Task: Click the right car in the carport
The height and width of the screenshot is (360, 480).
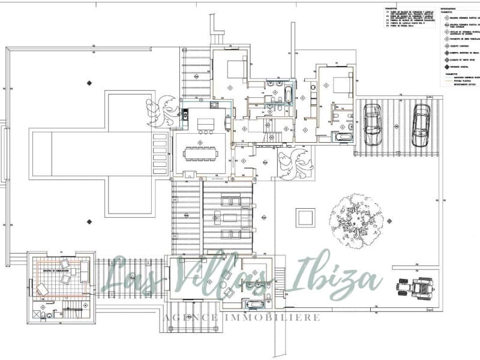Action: (421, 127)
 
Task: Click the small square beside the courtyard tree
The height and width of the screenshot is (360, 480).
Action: (306, 217)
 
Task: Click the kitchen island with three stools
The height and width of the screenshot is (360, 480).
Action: (205, 124)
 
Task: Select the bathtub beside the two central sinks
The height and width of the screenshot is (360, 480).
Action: (287, 95)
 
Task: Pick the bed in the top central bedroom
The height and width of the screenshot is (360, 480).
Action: (236, 68)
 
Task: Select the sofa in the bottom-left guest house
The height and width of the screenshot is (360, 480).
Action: (85, 271)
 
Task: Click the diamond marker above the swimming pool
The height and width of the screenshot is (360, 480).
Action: (89, 82)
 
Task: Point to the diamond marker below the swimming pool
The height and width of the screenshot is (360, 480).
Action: (89, 221)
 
